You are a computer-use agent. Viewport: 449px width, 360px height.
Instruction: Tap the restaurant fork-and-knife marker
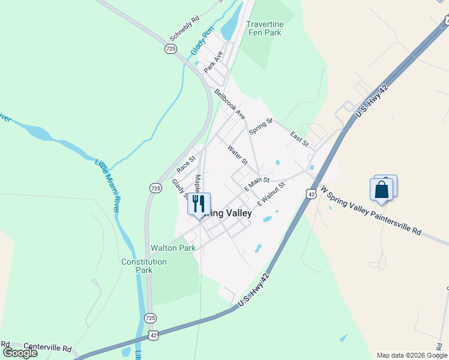[199, 203]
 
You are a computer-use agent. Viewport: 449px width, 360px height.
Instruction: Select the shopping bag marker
[382, 190]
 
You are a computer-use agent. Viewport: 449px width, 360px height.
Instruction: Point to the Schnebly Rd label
[184, 26]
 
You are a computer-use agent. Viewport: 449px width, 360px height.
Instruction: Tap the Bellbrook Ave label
[230, 104]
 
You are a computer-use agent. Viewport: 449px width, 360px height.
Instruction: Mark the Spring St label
[261, 127]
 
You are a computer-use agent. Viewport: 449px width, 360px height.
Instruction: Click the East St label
[299, 139]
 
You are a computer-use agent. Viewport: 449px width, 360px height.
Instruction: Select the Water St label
[238, 154]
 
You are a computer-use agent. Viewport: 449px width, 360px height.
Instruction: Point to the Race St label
[187, 163]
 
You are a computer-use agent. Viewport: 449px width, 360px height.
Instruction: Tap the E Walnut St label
[271, 194]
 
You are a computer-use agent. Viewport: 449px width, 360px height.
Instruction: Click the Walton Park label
[173, 247]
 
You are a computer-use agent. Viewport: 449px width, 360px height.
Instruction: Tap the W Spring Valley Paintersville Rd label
[371, 209]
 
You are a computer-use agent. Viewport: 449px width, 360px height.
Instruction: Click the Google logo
[20, 353]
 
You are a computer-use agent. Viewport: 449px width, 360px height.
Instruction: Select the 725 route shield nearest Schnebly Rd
[171, 48]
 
